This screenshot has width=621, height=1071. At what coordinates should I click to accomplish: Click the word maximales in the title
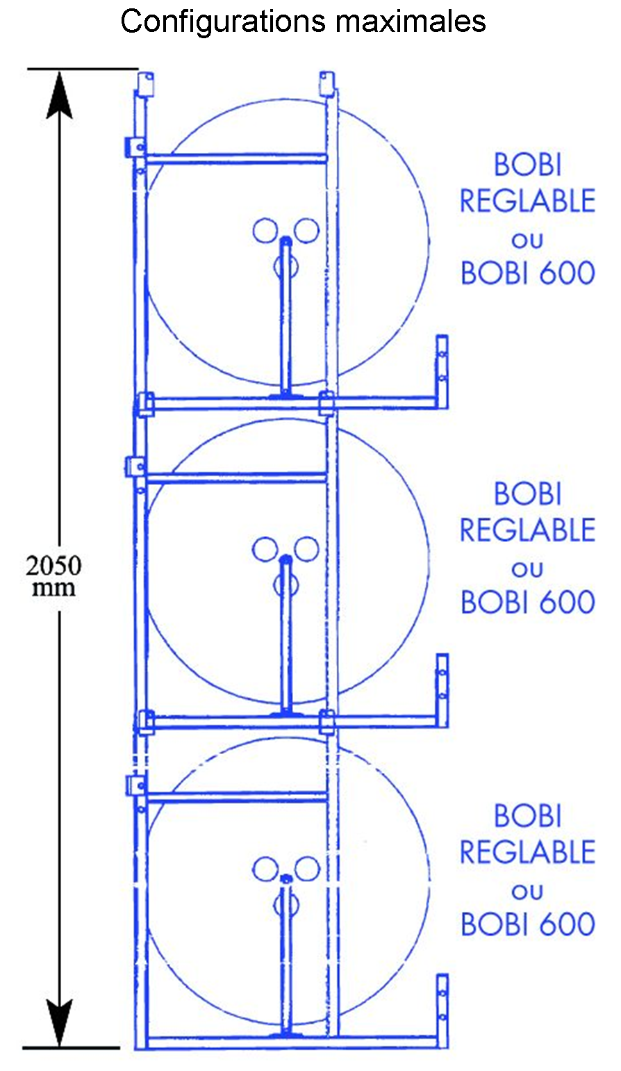tap(411, 22)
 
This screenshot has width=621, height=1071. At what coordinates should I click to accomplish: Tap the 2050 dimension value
tap(53, 566)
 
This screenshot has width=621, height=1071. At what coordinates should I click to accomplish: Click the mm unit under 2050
tap(54, 588)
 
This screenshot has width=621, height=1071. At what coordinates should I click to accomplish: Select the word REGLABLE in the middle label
tap(527, 530)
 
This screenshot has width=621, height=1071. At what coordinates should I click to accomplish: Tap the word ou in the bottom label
tap(527, 891)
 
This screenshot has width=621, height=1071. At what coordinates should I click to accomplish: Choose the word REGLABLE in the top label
tap(527, 202)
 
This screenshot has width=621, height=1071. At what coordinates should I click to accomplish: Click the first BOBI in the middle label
tap(527, 494)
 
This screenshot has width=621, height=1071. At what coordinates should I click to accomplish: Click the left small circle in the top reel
tap(265, 230)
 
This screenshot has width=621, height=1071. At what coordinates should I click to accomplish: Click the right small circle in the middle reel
tap(306, 549)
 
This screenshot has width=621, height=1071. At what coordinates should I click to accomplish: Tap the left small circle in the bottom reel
tap(265, 868)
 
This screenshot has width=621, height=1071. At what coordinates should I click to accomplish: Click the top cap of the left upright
tap(146, 84)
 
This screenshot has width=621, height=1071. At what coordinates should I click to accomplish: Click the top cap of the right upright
tap(327, 83)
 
